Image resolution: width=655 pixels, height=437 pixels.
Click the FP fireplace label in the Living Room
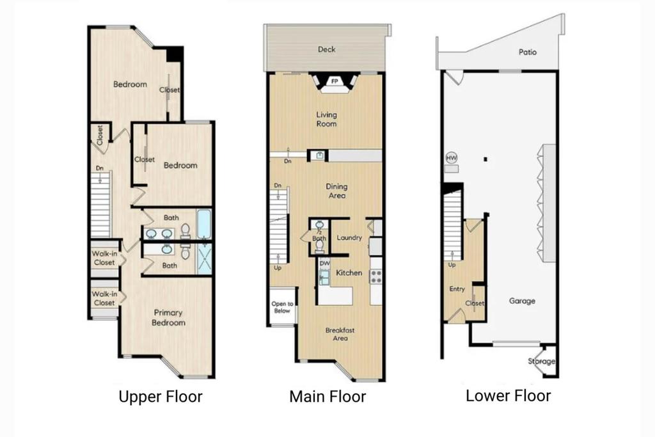tap(334, 81)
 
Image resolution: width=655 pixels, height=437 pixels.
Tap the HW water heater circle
tap(452, 158)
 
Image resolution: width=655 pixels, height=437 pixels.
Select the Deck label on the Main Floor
tap(327, 49)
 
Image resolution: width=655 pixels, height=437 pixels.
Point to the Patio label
tap(528, 52)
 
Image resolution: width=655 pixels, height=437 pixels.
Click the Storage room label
tap(541, 362)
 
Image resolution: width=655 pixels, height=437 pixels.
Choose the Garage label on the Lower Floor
tap(522, 301)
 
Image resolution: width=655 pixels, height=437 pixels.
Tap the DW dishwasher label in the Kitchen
tap(324, 264)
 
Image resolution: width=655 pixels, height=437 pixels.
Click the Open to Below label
tap(282, 307)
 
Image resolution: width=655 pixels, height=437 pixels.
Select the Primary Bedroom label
tap(168, 317)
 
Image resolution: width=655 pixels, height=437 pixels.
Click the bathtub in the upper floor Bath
tap(204, 225)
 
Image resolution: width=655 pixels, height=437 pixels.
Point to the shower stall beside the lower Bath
tap(204, 259)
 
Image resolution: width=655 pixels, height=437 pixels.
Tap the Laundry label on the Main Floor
tap(349, 238)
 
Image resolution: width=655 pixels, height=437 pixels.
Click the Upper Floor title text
tap(161, 397)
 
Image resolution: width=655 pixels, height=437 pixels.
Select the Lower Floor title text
tap(509, 395)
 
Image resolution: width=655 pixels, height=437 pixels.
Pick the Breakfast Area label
tap(340, 334)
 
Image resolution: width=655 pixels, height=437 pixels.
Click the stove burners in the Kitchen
tap(376, 276)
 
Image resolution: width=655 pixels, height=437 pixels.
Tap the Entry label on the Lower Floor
tap(457, 289)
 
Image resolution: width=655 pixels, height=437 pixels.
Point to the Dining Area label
tap(336, 191)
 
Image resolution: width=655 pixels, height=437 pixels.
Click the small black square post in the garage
tap(485, 159)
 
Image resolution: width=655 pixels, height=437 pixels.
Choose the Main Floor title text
tap(327, 397)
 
